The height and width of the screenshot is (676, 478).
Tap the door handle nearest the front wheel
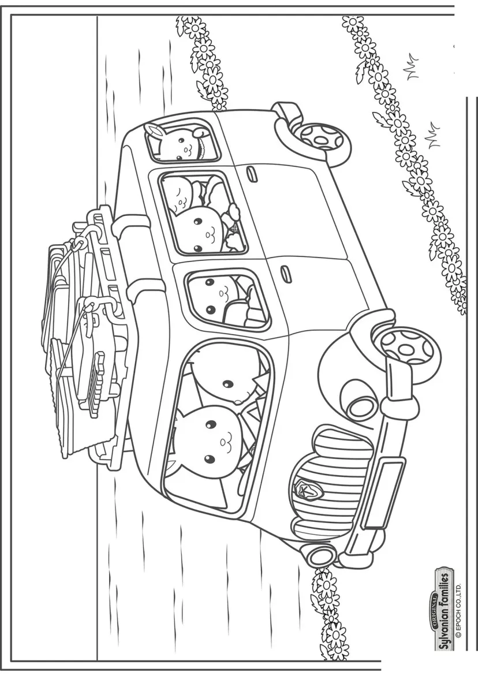tap(285, 272)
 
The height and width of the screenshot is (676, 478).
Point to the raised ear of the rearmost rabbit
tap(152, 130)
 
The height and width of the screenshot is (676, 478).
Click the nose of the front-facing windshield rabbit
tap(223, 442)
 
